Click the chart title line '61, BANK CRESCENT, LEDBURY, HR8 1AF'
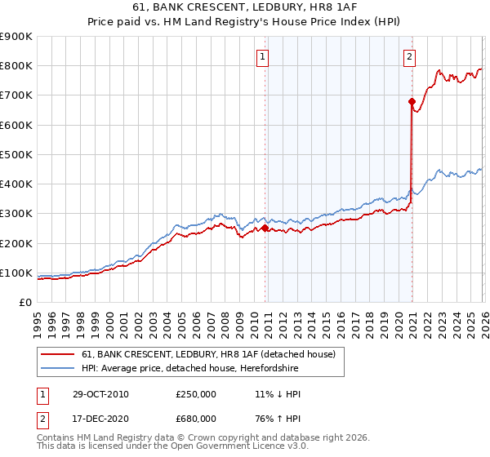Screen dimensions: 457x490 pyautogui.click(x=244, y=9)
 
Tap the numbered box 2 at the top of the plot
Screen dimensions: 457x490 pyautogui.click(x=408, y=56)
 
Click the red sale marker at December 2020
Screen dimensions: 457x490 pyautogui.click(x=412, y=101)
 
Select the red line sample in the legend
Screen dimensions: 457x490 pyautogui.click(x=58, y=354)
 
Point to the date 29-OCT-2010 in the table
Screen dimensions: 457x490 pyautogui.click(x=100, y=394)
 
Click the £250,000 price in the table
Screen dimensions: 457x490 pyautogui.click(x=196, y=394)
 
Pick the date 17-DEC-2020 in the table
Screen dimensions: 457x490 pyautogui.click(x=100, y=419)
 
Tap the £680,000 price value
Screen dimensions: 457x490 pyautogui.click(x=196, y=419)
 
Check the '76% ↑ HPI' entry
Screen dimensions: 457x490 pyautogui.click(x=278, y=419)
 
